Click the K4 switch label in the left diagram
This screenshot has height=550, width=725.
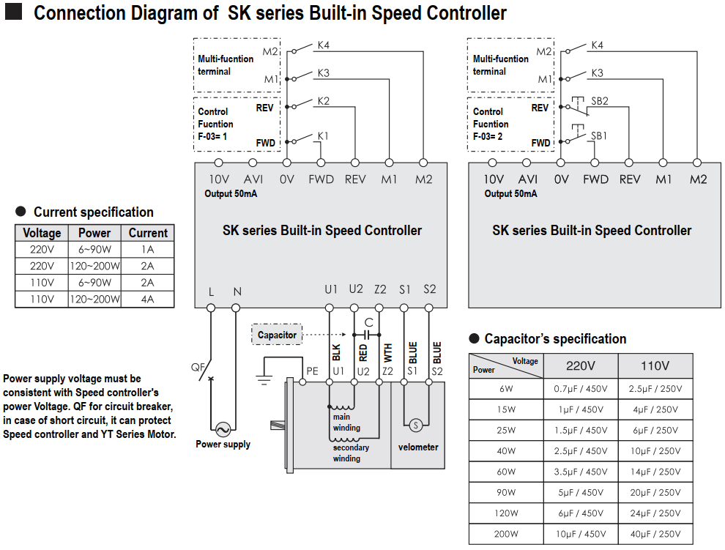pos(324,45)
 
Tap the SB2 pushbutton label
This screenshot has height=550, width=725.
pos(600,101)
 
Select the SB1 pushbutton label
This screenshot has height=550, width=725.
pos(599,135)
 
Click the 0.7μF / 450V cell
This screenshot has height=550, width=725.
pos(580,389)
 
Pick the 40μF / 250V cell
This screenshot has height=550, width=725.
pos(655,534)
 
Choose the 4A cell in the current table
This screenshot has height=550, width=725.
pos(148,299)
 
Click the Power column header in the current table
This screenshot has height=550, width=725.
pos(94,233)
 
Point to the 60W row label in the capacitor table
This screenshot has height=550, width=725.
pos(505,472)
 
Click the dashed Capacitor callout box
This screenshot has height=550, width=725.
pos(277,335)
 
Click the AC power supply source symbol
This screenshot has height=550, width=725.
pos(223,430)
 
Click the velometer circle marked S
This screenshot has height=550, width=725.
pos(415,425)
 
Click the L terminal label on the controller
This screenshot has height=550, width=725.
pos(211,291)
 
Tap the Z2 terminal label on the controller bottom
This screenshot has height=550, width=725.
pos(380,289)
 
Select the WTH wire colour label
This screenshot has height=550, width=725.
pos(388,352)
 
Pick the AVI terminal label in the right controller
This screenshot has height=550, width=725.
pos(527,179)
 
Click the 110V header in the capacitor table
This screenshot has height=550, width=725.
pos(655,365)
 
